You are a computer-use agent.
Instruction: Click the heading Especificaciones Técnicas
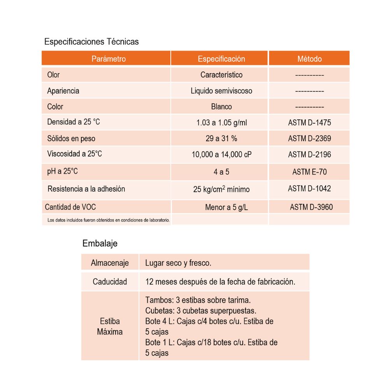91,42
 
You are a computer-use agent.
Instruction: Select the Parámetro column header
109,59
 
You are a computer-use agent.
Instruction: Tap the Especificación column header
221,59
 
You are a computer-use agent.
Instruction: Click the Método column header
310,59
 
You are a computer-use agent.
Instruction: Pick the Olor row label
53,75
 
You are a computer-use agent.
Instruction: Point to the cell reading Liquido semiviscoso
221,91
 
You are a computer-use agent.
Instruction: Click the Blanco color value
221,107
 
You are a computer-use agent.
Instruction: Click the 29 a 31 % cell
221,138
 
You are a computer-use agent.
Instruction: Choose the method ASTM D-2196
310,154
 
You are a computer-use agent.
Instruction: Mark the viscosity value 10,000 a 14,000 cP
221,154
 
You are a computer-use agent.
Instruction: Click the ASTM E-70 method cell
310,172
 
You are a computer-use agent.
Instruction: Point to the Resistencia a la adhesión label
86,189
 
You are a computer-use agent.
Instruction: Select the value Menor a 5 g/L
226,207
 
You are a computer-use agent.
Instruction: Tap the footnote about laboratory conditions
109,220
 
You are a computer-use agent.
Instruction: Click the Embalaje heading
100,244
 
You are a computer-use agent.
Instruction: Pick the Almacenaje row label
110,263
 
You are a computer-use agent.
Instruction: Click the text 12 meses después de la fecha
220,282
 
